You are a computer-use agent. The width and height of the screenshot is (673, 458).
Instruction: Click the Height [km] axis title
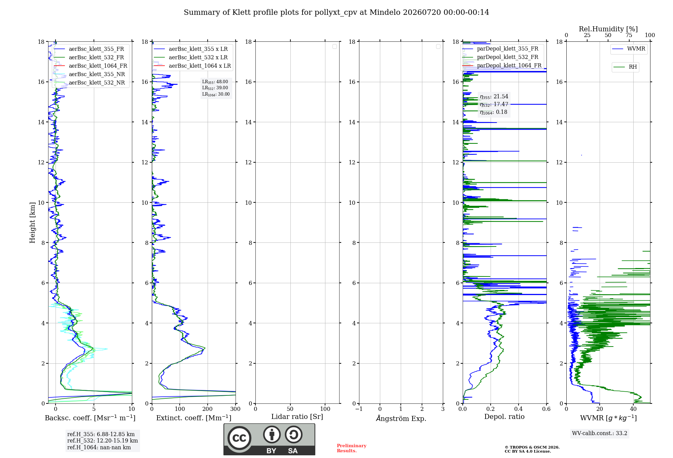click(x=32, y=223)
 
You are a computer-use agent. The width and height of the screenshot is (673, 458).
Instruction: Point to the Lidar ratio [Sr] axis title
click(x=297, y=417)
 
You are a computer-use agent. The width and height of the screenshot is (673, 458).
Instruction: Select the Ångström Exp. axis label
click(x=401, y=418)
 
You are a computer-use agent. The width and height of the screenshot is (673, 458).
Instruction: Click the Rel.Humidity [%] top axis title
click(x=608, y=29)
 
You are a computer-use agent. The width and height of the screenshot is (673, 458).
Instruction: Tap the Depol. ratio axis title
click(x=504, y=417)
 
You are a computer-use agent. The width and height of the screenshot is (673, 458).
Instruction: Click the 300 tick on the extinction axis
click(x=236, y=409)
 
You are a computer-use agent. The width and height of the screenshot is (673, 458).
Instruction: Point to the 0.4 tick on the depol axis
click(x=519, y=409)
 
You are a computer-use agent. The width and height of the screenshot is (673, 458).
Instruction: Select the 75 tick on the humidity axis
click(x=629, y=35)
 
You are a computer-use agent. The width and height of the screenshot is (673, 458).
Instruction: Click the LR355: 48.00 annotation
click(x=215, y=82)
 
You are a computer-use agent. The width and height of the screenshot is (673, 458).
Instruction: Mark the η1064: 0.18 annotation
click(x=493, y=112)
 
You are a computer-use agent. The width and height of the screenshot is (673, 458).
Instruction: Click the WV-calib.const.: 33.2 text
click(x=600, y=433)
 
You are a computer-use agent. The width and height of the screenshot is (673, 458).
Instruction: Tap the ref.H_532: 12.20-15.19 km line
click(x=103, y=441)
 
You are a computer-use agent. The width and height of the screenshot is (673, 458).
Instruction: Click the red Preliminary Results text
click(x=352, y=448)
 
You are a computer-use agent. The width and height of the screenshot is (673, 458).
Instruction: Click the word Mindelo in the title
click(x=385, y=12)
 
